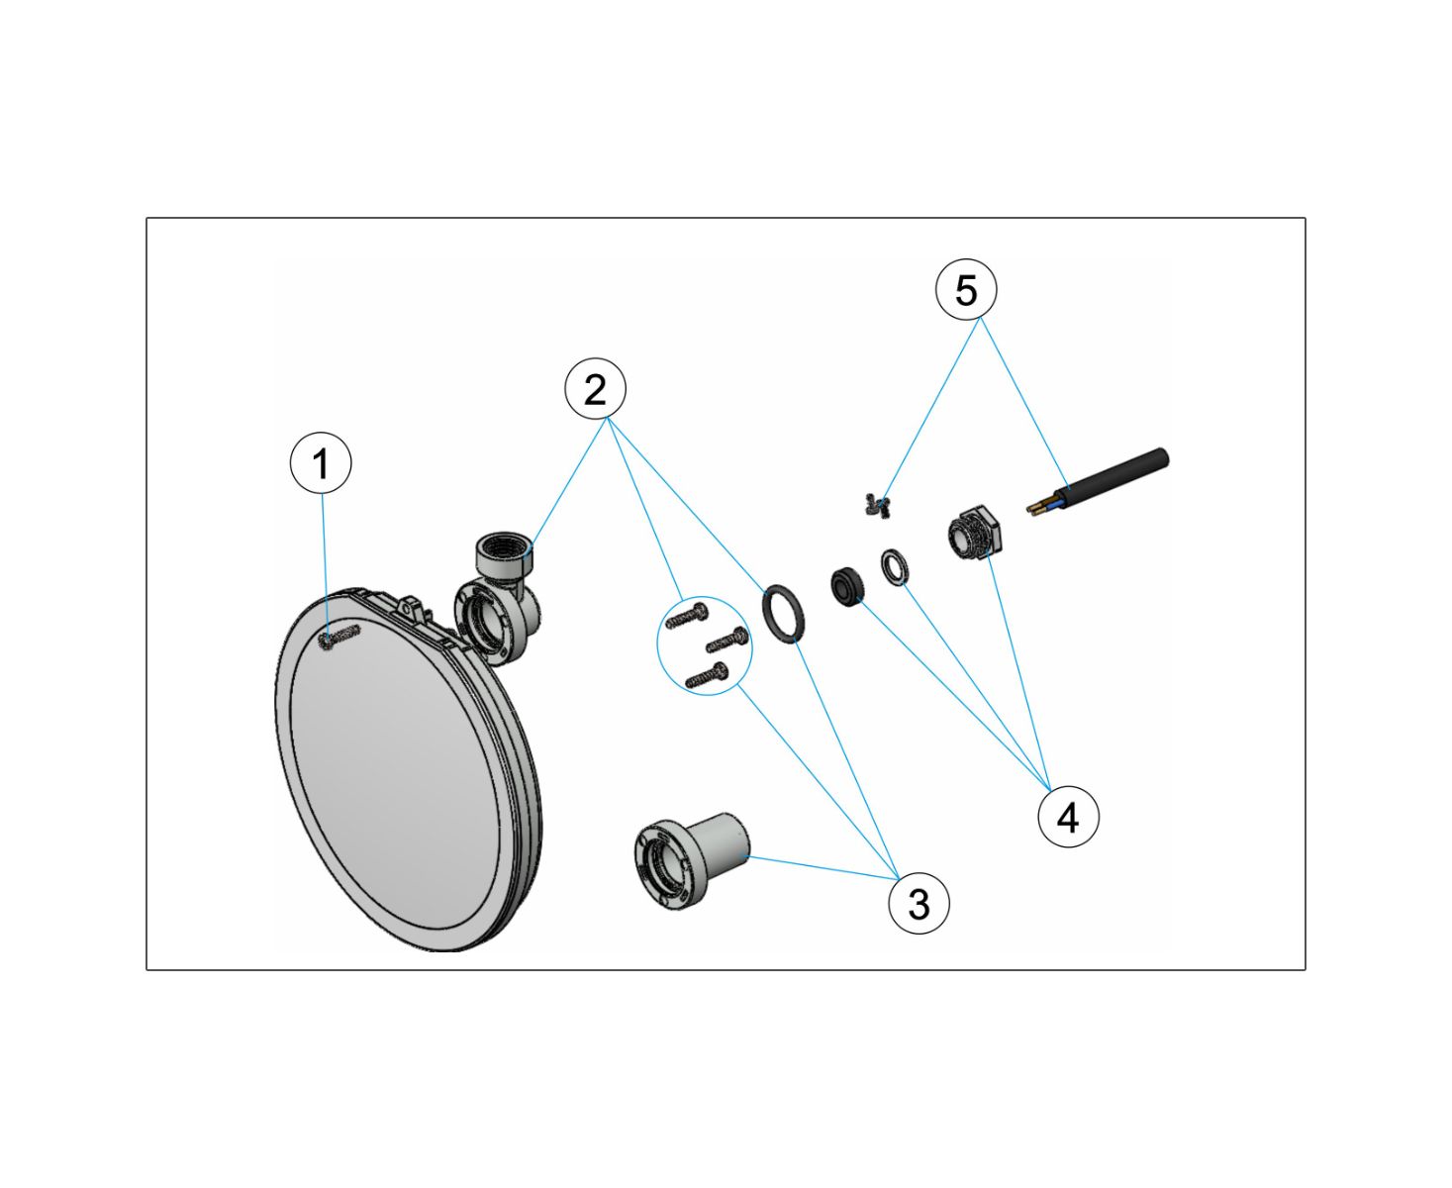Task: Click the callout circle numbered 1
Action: (x=320, y=462)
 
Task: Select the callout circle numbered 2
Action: (x=595, y=388)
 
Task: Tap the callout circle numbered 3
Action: (x=919, y=903)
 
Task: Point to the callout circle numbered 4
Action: (x=1068, y=817)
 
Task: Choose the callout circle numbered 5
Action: (x=965, y=289)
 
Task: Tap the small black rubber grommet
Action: (x=845, y=585)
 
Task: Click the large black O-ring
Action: (x=784, y=614)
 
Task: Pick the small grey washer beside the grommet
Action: (x=895, y=567)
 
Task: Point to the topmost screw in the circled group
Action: (x=687, y=615)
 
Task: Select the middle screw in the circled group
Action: (x=727, y=640)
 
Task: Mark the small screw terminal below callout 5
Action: (x=876, y=506)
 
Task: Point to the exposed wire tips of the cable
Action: (x=1039, y=508)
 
